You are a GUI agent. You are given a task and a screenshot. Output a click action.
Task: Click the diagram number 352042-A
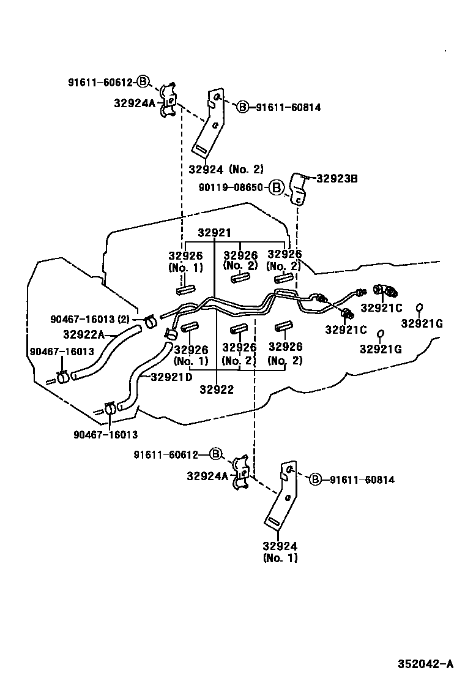click(425, 664)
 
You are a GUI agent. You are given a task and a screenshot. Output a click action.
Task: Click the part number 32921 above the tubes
click(214, 233)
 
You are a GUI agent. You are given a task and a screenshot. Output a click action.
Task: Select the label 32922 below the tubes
click(217, 389)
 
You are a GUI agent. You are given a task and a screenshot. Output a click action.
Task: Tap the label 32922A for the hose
click(84, 334)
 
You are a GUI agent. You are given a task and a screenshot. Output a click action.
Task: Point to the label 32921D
click(172, 377)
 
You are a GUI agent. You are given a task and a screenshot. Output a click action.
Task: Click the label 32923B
click(337, 178)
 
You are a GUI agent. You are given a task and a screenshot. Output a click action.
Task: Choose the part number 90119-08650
click(231, 187)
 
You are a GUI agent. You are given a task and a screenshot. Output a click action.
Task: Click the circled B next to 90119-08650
click(276, 187)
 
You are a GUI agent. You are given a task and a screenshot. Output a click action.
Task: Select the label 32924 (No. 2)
click(226, 169)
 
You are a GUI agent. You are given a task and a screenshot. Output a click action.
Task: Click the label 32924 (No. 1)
click(280, 552)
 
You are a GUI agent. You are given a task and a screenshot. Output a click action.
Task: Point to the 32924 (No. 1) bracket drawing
click(281, 495)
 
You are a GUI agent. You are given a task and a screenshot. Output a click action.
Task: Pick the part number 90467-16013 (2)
click(90, 319)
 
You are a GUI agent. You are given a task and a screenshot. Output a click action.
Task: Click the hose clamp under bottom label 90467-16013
click(110, 408)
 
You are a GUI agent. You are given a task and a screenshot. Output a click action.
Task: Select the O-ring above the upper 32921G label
click(420, 308)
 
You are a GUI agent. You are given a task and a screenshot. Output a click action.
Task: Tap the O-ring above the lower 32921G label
click(380, 334)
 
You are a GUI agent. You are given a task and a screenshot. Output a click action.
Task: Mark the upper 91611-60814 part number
click(288, 107)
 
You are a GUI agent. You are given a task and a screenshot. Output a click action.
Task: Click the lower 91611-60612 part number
click(166, 455)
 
